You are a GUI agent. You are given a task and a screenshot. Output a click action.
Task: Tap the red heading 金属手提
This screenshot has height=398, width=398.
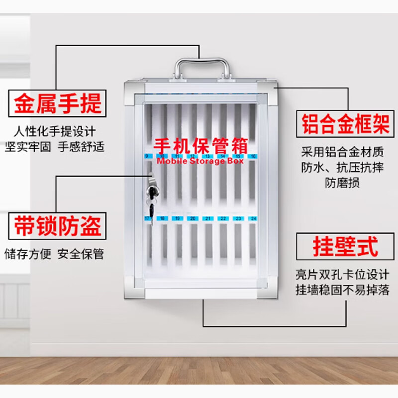coord(58,104)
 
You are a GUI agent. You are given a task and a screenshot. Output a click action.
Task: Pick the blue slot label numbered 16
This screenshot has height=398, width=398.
coord(253,156)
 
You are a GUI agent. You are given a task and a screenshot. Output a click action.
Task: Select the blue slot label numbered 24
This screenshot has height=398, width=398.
coord(253,218)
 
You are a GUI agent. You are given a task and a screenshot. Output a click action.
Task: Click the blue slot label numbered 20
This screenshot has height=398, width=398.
coord(192,218)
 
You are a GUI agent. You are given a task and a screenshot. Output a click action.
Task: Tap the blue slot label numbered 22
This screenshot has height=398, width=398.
coord(223,218)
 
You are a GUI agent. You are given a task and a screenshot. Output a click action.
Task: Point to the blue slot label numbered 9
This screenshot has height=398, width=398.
coord(147,156)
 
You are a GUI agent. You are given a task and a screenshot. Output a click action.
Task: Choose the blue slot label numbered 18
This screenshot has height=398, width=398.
coord(162,218)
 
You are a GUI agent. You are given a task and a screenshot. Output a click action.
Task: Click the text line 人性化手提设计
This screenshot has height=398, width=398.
coord(55,132)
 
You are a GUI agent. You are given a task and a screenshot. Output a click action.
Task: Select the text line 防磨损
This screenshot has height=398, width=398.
coord(343,183)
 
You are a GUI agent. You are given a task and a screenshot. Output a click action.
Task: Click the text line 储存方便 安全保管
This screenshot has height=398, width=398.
coord(55,254)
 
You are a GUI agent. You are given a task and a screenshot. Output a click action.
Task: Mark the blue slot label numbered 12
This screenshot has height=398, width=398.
coord(192,156)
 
